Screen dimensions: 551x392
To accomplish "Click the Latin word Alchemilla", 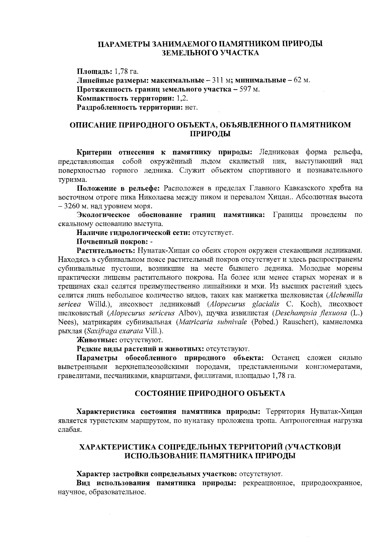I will [346, 295].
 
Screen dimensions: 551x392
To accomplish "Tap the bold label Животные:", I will [95, 340].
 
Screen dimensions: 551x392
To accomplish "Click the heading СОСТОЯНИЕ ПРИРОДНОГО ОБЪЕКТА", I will [210, 393].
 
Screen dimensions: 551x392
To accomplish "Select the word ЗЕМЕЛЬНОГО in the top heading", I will [189, 53].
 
